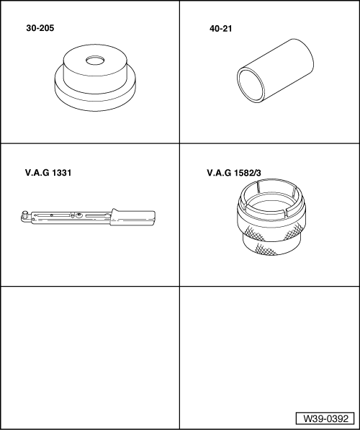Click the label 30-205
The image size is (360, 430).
tap(40, 28)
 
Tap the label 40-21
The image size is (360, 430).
tap(221, 29)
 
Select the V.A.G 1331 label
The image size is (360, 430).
tap(48, 173)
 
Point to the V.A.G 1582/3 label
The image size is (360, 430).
tap(234, 173)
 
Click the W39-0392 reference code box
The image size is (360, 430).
tap(325, 418)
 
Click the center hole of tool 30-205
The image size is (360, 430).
tap(95, 61)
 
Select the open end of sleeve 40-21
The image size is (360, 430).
tap(251, 85)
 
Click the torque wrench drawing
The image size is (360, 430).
tap(88, 218)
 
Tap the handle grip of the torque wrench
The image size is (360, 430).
tap(132, 218)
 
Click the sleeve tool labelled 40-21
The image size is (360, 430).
tap(275, 71)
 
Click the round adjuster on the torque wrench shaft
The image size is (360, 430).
tap(79, 215)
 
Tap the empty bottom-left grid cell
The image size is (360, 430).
tap(90, 357)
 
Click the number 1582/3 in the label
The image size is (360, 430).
tap(248, 173)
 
